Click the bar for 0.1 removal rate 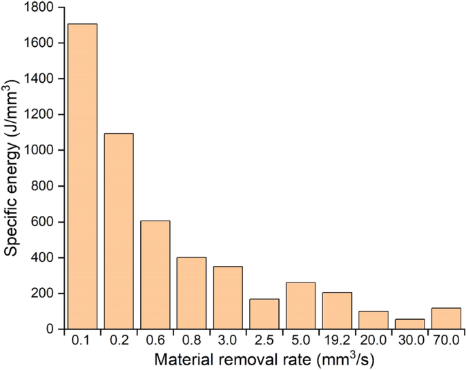82,177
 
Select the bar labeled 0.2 118,231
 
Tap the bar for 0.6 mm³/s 155,275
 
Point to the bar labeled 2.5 264,314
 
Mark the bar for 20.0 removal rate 373,320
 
